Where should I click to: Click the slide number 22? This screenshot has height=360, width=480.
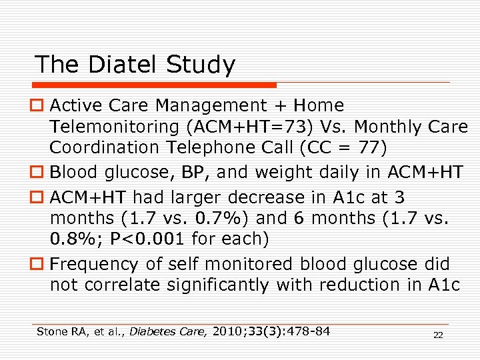(438, 335)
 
